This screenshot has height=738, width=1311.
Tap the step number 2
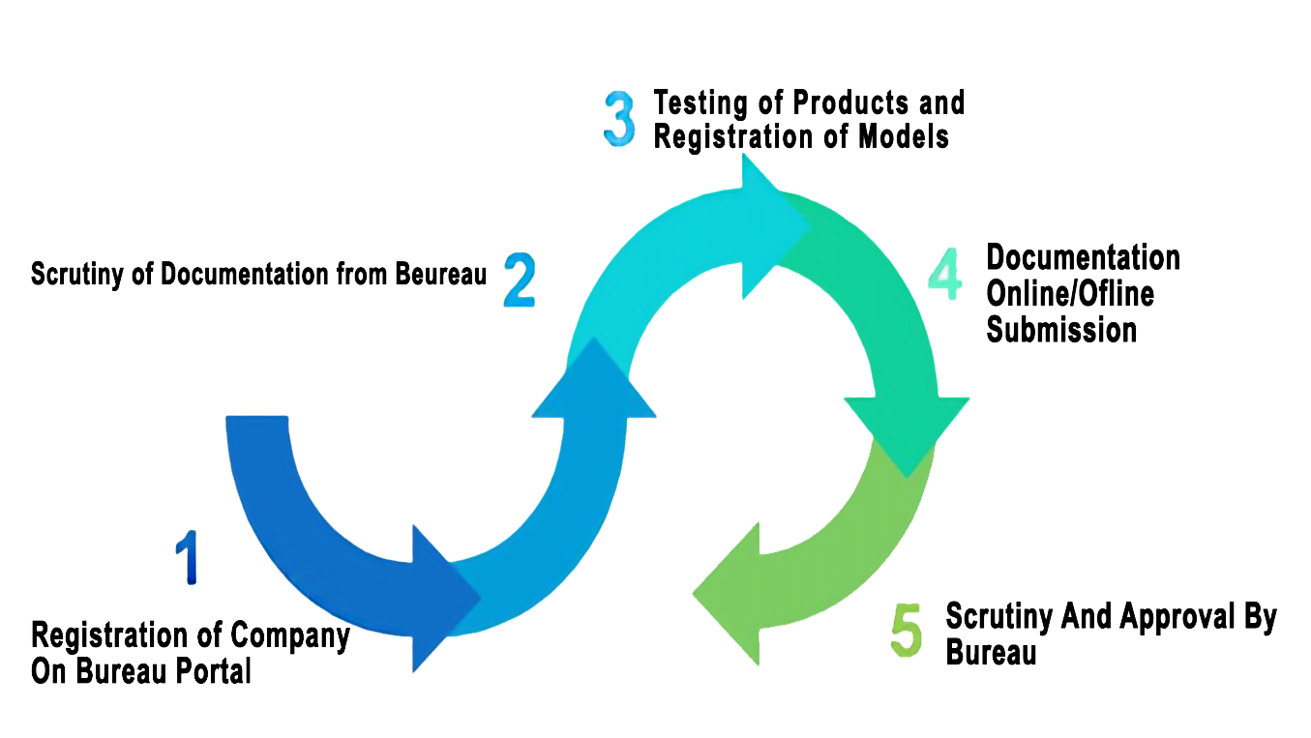pyautogui.click(x=520, y=280)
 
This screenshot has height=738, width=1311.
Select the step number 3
pyautogui.click(x=620, y=119)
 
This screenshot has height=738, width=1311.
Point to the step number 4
pyautogui.click(x=945, y=274)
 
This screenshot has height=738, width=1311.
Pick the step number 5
pyautogui.click(x=907, y=631)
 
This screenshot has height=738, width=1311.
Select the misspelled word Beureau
pyautogui.click(x=441, y=274)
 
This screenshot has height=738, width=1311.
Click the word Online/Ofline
pyautogui.click(x=1070, y=294)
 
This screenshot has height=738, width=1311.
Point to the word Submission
pyautogui.click(x=1061, y=330)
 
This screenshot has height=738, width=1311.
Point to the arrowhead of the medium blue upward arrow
pyautogui.click(x=594, y=382)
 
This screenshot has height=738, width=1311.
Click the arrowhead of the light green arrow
pyautogui.click(x=729, y=592)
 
